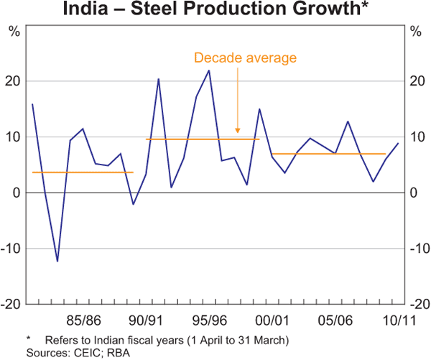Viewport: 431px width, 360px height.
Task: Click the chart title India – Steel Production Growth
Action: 215,9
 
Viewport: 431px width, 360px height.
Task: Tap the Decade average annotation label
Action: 245,57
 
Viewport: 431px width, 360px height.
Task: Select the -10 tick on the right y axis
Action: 416,249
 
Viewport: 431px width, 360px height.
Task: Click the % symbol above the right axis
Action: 416,32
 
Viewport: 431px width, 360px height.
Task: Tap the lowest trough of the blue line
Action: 57,262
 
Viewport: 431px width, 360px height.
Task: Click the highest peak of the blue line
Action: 209,70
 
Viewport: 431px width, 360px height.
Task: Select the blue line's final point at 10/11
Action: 398,143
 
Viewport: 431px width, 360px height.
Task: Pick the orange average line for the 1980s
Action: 83,172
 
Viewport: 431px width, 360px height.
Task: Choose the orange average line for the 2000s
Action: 328,154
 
